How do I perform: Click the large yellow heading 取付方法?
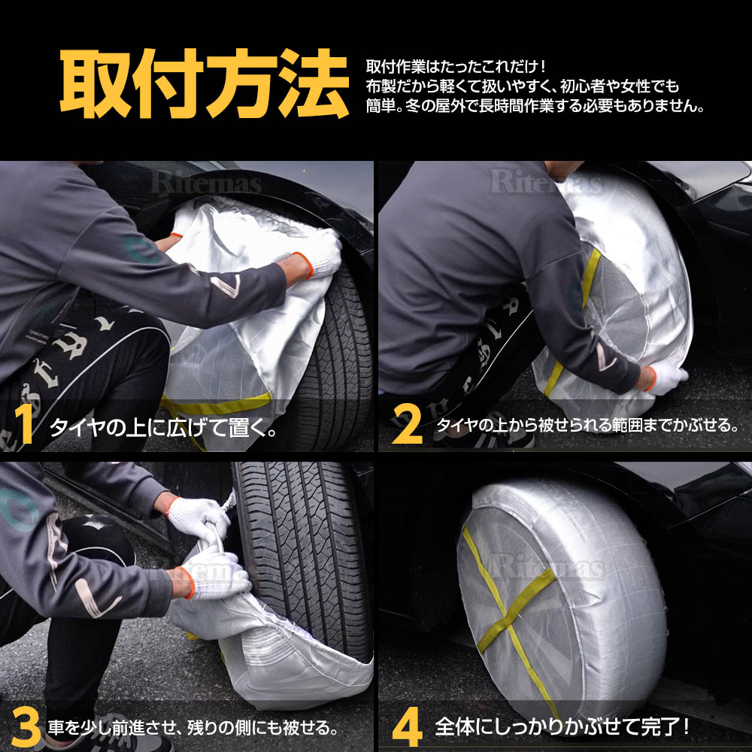(x=205, y=83)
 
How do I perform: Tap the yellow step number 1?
(x=24, y=424)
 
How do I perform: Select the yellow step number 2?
(x=407, y=424)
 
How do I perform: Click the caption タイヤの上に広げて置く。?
(x=163, y=427)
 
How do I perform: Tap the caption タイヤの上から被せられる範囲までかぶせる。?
(x=587, y=425)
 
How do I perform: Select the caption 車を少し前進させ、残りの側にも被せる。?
(x=193, y=728)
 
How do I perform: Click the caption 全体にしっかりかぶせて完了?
(x=562, y=727)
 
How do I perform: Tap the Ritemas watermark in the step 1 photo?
(x=206, y=183)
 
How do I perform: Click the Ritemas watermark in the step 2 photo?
(x=545, y=182)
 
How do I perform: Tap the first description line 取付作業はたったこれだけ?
(x=456, y=66)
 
